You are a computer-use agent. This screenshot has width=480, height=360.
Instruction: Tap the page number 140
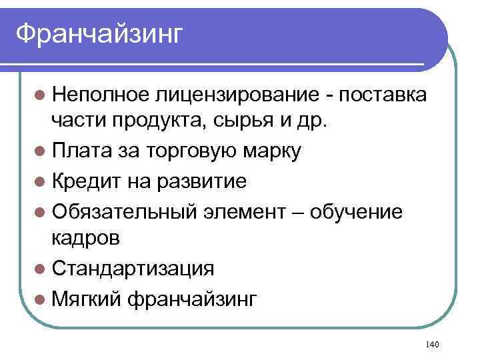[x=432, y=344]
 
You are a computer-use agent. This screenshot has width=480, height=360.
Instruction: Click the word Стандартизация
[x=133, y=268]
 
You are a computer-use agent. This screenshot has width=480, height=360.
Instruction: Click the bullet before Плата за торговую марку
[x=41, y=151]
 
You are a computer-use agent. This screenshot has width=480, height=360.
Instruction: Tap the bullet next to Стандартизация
[x=41, y=268]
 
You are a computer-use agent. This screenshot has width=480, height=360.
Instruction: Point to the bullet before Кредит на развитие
[x=41, y=180]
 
